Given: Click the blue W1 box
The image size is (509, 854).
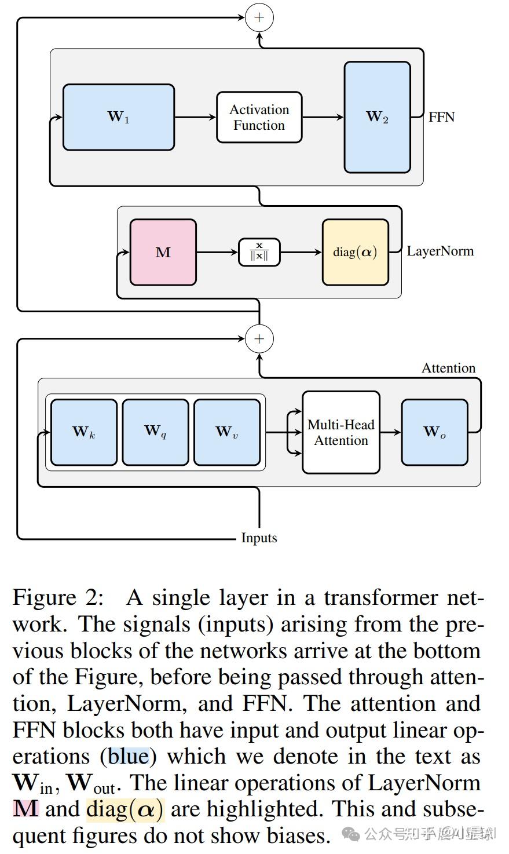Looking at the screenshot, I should tap(119, 117).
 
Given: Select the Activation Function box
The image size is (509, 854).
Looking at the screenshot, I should tap(259, 117).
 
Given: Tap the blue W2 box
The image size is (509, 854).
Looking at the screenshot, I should tap(377, 117).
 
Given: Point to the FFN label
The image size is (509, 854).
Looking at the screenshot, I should tap(442, 117).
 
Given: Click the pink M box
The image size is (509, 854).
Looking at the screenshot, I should tap(163, 252).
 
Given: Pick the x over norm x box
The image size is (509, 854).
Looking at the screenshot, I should tap(259, 253).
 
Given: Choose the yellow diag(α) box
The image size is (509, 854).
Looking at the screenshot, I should tap(355, 252).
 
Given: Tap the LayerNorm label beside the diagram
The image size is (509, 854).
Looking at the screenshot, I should tap(440, 251).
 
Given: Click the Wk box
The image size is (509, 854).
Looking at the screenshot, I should tap(84, 432).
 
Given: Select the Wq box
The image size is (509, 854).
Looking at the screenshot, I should tap(155, 432).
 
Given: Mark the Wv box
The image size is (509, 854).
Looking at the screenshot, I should tap(226, 432).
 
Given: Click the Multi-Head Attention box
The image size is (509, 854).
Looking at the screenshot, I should tap(341, 432).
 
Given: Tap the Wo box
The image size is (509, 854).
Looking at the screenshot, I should tap(434, 432).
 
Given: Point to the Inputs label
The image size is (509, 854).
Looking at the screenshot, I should tap(259, 538).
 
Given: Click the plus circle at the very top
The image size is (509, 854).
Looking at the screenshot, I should tap(259, 17).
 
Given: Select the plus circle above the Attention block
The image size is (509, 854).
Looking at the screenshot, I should tap(259, 338).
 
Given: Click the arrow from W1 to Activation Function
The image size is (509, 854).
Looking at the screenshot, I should tap(195, 117).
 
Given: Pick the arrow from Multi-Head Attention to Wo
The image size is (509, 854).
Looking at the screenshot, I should tap(391, 432).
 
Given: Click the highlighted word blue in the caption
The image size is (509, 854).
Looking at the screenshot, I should tap(129, 756).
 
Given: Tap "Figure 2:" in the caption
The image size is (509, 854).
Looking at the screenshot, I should tap(58, 597).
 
